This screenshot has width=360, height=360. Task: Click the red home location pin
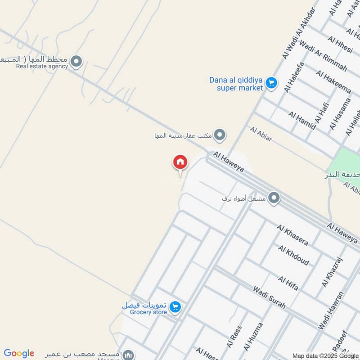coord(180,162)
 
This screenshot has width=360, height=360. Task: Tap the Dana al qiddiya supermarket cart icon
coord(271,83)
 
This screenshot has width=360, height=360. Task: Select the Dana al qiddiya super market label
coord(236,84)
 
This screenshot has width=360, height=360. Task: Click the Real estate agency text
coord(42,66)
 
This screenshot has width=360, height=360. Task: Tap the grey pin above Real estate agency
coord(77,62)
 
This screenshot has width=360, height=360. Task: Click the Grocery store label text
coord(148,312)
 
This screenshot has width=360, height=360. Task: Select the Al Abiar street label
coord(261,134)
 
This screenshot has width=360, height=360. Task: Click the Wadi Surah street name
coord(269,297)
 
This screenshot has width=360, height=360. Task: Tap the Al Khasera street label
coord(293,235)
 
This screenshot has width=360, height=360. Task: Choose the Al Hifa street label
coord(288,283)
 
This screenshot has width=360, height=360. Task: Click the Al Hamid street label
coord(302,121)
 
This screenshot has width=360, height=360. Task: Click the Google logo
coord(19,353)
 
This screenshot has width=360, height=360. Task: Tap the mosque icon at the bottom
coord(129,355)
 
